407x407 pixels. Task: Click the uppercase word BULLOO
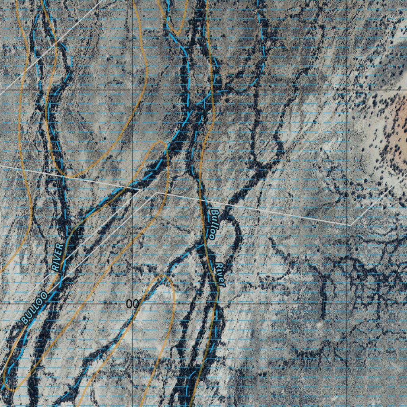pos(34,307)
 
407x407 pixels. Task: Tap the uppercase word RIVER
pos(58,257)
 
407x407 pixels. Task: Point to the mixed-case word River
pos(221,274)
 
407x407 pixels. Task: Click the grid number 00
pos(132,304)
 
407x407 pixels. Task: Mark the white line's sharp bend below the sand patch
pos(350,225)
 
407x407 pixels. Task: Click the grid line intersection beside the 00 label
pos(133,303)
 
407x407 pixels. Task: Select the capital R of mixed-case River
pos(218,266)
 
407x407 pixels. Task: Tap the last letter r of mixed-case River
pos(223,283)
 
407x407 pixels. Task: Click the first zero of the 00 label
pos(129,304)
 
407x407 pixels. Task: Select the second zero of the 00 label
pos(135,304)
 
